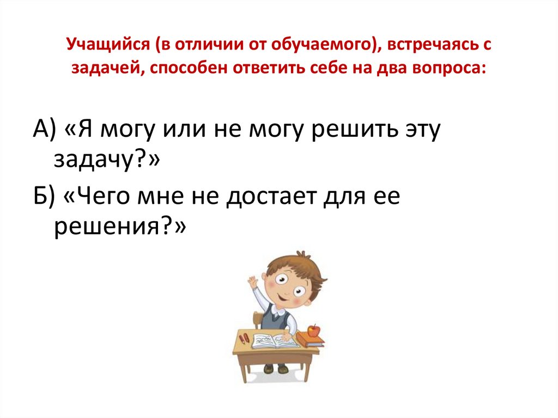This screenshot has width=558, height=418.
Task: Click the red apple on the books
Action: tap(313, 330)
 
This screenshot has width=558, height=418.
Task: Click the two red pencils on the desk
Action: tap(244, 338)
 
